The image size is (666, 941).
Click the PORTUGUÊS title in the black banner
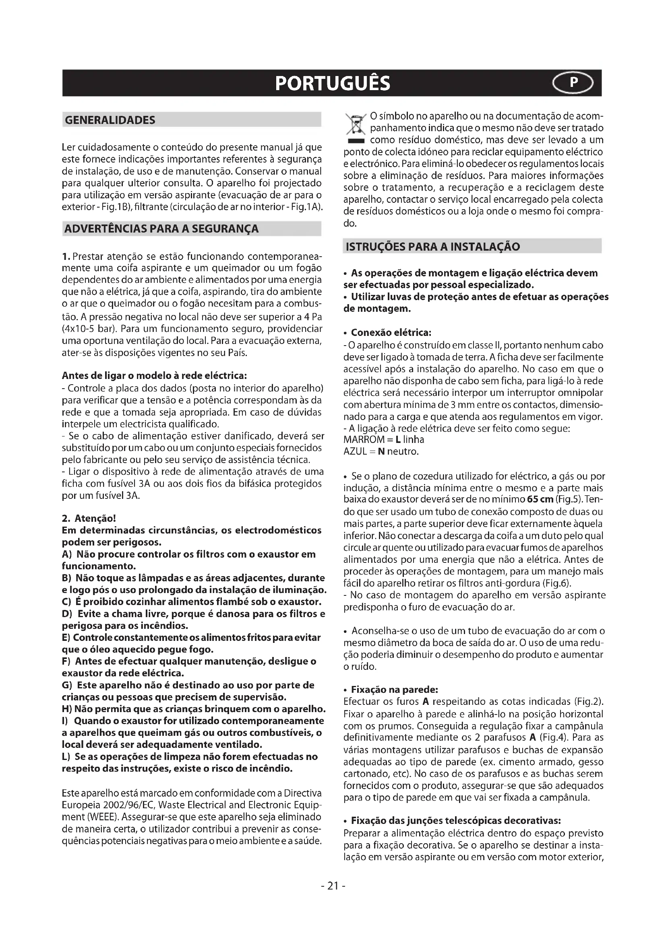(333, 83)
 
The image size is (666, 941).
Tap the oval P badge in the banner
(574, 83)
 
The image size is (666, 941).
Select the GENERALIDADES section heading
(110, 120)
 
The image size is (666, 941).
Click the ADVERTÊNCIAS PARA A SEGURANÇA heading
(161, 229)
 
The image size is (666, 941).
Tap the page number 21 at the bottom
(333, 885)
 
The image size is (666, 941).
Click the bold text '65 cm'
(540, 500)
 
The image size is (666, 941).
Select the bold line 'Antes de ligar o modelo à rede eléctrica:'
(154, 376)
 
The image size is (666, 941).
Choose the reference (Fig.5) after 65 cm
(569, 500)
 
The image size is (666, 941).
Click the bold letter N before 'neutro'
(381, 452)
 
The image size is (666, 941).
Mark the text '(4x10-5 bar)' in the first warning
(89, 329)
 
